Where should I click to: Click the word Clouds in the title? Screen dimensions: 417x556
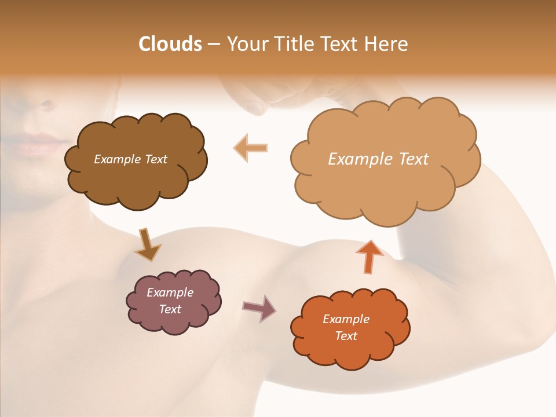[170, 44]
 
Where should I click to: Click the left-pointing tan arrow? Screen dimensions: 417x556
[251, 148]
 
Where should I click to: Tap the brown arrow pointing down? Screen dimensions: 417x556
[147, 244]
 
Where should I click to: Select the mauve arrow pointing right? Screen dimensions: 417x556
[259, 308]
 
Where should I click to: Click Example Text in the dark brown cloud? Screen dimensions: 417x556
[130, 159]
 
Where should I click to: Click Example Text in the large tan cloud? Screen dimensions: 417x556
[378, 159]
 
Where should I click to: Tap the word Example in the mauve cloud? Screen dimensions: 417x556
[170, 292]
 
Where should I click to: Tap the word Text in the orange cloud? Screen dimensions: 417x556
[346, 336]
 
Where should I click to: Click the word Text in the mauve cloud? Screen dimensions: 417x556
[170, 309]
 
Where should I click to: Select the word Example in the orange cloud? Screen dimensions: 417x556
[346, 319]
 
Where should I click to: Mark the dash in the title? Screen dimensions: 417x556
[213, 45]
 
